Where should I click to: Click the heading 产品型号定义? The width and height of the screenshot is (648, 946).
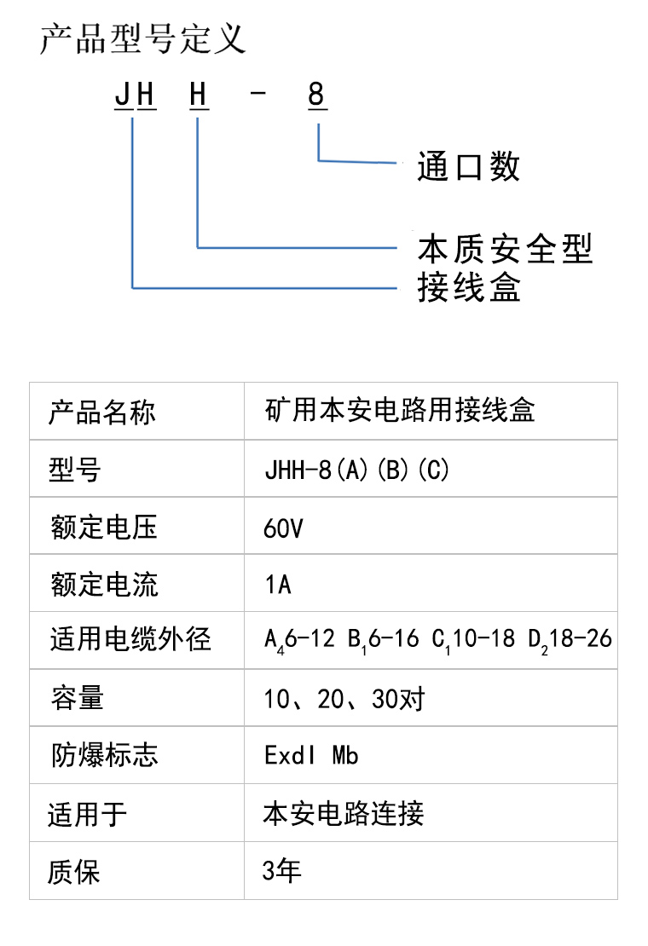coord(142,39)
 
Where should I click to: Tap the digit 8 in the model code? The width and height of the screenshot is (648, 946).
coord(316,95)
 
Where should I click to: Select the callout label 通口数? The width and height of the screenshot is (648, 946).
coord(468,166)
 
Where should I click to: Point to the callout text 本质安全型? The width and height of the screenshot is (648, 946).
coord(505,249)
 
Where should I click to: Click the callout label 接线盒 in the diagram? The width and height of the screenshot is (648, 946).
coord(469,286)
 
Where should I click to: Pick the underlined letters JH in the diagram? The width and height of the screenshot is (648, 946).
coord(136,95)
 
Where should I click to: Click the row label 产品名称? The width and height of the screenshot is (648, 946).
coord(102,412)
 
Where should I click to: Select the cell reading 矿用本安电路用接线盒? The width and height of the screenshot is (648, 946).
coord(400,410)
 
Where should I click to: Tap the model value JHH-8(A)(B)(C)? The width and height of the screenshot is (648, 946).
coord(357,470)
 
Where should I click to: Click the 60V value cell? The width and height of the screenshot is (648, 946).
coord(284,528)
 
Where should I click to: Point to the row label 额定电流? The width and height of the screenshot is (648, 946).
coord(104,585)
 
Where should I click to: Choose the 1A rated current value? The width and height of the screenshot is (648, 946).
coord(278,585)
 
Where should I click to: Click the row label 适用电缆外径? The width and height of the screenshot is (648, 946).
coord(130,639)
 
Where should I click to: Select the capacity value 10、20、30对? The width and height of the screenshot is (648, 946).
coord(344,699)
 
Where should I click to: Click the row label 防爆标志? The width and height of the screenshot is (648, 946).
coord(104,755)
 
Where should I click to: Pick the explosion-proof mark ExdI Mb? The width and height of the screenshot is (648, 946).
coord(311,755)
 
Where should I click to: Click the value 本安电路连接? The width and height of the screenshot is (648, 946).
coord(344,813)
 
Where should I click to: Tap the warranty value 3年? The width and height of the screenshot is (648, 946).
coord(281,871)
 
